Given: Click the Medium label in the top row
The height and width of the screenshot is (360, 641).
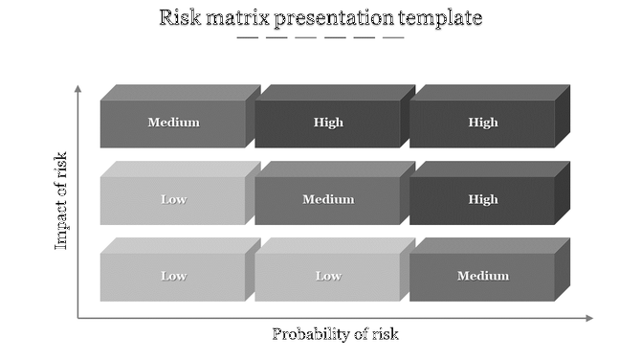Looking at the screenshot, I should (173, 123).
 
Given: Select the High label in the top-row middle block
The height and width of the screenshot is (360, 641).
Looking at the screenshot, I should (328, 123).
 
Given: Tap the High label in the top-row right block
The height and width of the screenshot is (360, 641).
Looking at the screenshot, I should (483, 123).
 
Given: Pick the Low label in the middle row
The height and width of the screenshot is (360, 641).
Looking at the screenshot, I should (173, 199).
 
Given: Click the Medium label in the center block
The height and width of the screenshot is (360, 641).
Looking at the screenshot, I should (328, 199).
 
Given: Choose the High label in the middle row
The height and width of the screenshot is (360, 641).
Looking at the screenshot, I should (483, 199).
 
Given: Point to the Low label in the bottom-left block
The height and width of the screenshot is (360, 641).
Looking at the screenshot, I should (173, 276).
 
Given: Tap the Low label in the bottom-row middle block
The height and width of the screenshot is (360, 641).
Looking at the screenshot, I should (328, 276).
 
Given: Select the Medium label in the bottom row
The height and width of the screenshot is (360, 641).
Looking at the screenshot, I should (483, 276).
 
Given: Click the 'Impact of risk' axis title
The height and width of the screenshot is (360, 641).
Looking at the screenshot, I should (62, 201).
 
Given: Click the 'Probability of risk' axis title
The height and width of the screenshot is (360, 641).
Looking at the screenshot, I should (335, 334).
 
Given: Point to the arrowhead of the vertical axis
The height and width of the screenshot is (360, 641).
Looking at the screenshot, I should (78, 88).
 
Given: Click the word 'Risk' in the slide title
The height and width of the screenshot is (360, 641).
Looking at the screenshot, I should (179, 17).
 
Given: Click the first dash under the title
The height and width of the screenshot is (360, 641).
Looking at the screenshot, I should (248, 38).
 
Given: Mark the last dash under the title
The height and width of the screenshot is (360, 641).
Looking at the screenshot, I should (393, 38).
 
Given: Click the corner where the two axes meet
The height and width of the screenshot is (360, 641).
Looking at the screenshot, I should (78, 317).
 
